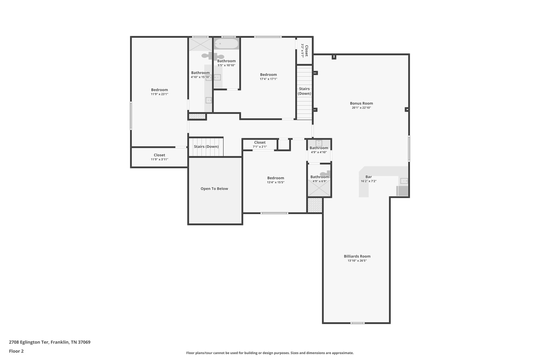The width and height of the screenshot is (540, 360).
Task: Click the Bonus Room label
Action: [361, 103]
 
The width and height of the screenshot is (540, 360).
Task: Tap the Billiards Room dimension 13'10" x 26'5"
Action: [357, 261]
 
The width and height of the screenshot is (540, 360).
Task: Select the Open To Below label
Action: [214, 189]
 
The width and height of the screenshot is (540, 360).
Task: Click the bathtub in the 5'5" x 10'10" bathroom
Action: [226, 44]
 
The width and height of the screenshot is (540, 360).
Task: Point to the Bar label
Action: [368, 177]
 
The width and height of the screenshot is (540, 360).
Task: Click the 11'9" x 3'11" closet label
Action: [159, 155]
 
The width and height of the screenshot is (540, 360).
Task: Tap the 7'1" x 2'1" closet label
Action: [260, 142]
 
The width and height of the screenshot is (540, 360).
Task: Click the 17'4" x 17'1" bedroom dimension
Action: [268, 79]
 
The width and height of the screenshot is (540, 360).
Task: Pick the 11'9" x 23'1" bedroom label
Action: [159, 90]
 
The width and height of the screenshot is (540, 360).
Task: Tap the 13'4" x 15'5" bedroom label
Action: [276, 178]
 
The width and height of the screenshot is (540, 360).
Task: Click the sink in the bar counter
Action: [404, 181]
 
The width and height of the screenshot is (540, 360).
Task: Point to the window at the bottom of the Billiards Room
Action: [358, 323]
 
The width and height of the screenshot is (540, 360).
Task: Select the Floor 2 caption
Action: [16, 351]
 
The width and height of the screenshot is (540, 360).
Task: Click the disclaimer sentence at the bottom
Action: [270, 353]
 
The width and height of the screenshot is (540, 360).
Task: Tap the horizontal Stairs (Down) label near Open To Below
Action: [206, 147]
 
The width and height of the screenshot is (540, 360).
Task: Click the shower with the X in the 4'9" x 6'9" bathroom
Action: [319, 188]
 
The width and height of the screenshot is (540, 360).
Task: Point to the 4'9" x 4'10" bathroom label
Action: [319, 148]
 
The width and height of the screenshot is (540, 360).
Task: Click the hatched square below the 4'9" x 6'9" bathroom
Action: [315, 205]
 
